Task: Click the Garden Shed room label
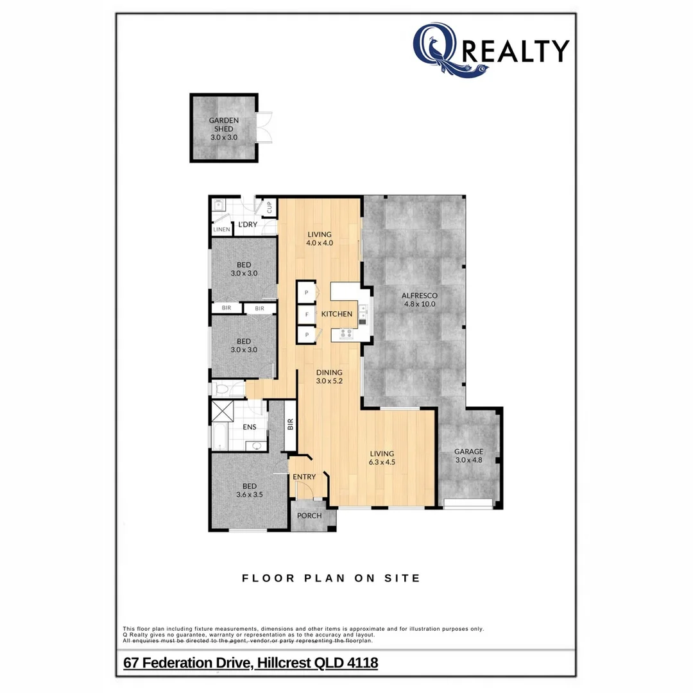224,128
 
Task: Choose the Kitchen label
337,314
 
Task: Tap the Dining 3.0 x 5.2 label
329,377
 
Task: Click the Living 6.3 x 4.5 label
381,458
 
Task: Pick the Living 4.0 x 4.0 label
319,238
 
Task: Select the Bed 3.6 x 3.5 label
250,490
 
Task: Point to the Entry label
304,477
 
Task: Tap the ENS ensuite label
250,427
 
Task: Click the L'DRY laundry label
248,225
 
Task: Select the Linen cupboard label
221,229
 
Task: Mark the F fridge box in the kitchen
307,314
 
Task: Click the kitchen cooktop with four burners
346,334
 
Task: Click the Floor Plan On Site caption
331,578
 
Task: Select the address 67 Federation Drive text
250,662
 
